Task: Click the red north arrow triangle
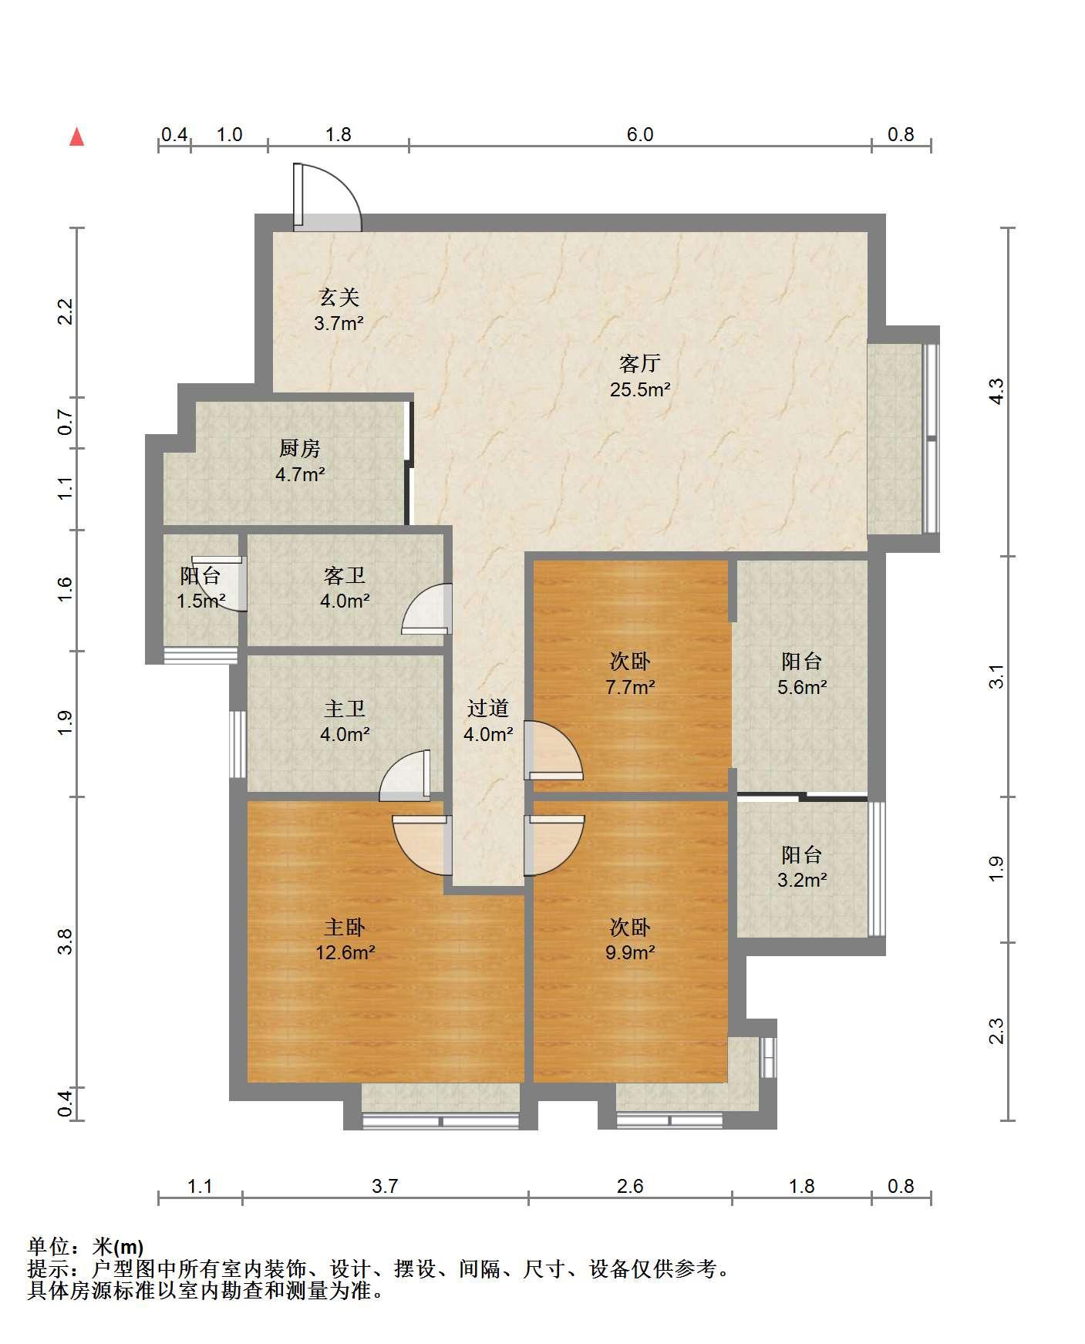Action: pos(76,137)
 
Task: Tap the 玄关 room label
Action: pos(339,297)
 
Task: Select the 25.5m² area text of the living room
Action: pos(640,389)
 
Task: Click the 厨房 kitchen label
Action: pos(299,448)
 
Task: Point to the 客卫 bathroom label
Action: pos(345,575)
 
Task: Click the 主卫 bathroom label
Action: pos(345,708)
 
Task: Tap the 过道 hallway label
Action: pos(488,708)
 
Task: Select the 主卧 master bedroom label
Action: pos(345,926)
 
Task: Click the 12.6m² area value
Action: pos(345,953)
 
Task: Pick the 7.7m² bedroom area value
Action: pos(630,687)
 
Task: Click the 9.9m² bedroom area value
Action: pos(630,953)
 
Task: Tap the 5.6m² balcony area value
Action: pos(802,687)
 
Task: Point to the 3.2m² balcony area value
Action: pos(802,880)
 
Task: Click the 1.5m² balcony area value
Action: pos(200,601)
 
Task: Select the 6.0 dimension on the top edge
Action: pos(640,135)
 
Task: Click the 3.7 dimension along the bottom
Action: pos(385,1186)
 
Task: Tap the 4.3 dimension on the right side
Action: pos(996,392)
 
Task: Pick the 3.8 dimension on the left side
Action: pos(66,941)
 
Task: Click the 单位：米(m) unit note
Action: pos(86,1247)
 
